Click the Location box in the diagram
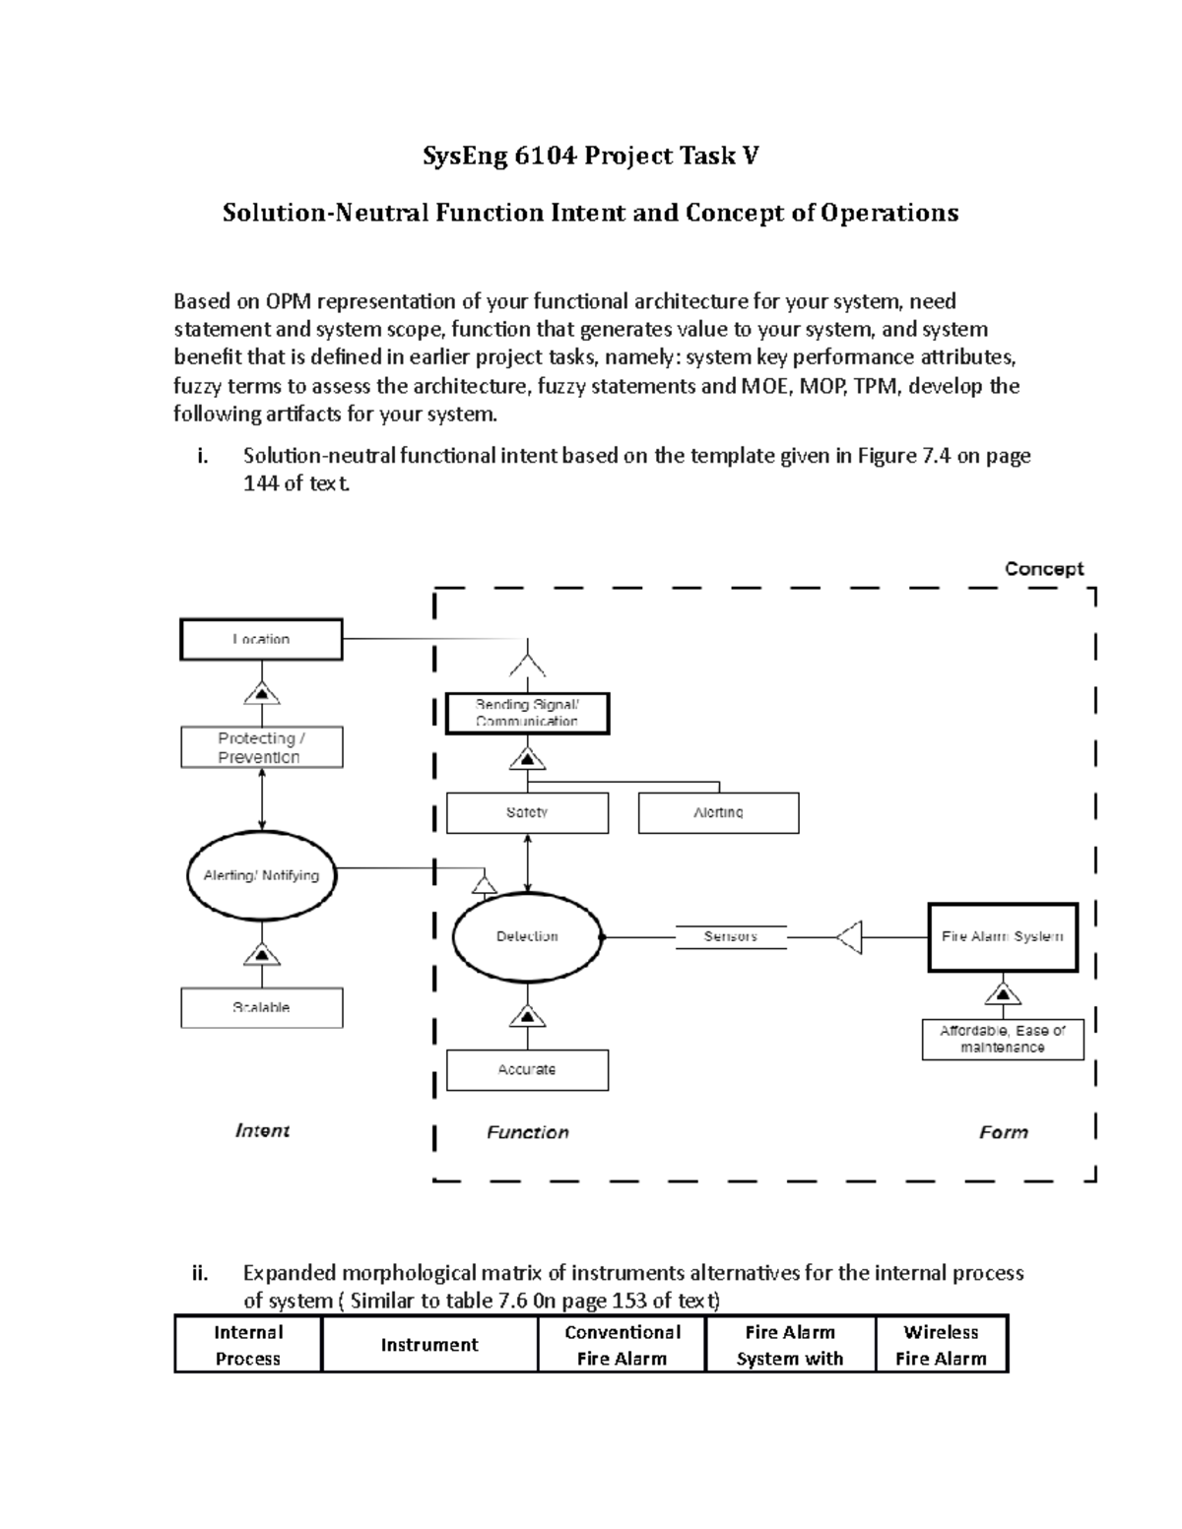261,639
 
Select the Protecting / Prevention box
261,747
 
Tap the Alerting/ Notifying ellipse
261,875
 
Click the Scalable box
261,1007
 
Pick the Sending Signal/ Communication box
527,713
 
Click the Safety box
527,813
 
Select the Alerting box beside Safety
718,813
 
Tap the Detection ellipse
527,936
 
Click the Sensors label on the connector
730,936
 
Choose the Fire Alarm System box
1003,936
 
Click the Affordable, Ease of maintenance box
1003,1039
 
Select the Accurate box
527,1069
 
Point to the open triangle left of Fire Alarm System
850,937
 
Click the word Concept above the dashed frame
1043,569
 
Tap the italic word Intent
262,1130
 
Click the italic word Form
1003,1132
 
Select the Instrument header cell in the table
429,1345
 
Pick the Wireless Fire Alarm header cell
941,1345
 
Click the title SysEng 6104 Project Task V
591,156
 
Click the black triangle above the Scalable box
262,954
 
